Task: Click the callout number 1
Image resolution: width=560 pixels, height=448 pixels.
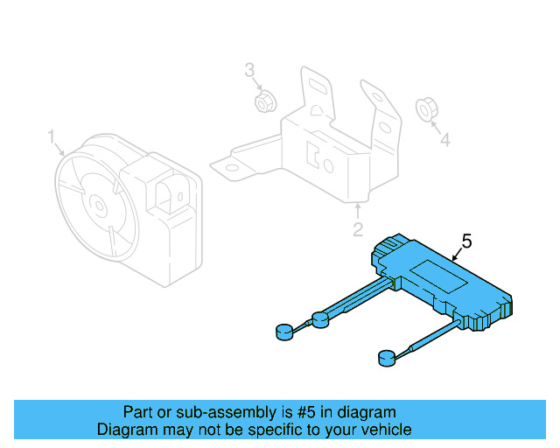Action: [x=52, y=136]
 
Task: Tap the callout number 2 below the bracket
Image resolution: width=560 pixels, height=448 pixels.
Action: [x=357, y=230]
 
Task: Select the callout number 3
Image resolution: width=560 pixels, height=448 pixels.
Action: [x=249, y=69]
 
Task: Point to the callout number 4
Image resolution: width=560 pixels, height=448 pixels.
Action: [x=444, y=139]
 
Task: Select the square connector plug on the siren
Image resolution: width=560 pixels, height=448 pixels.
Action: [x=169, y=192]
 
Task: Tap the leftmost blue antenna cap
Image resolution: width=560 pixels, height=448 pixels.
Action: [x=284, y=332]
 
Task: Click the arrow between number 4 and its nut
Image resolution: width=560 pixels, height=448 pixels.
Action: [x=436, y=125]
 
